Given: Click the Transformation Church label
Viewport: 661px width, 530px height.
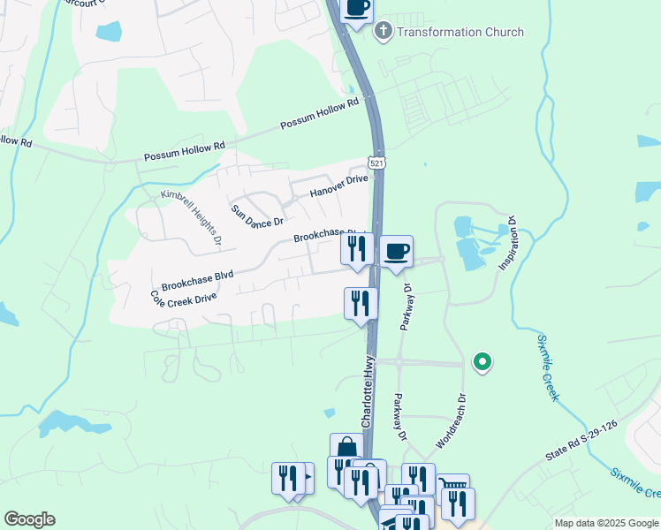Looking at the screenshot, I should [460, 32].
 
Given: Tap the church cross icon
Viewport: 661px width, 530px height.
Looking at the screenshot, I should [384, 32].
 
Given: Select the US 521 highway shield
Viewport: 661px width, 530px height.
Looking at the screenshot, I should [377, 164].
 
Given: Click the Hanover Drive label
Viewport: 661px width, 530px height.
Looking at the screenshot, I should [338, 185].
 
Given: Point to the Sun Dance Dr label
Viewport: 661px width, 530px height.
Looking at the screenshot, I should [257, 215].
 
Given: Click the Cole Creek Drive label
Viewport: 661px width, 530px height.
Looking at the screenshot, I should [183, 299].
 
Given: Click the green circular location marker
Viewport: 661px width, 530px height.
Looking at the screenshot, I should [482, 360].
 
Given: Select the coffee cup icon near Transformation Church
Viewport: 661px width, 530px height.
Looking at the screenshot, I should [356, 8].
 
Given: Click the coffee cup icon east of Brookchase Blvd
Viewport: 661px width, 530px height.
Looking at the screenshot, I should [397, 251].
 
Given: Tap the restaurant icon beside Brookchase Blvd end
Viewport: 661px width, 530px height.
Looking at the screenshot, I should [357, 248].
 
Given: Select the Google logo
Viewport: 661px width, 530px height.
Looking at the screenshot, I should [29, 519].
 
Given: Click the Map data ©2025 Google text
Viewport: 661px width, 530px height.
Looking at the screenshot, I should [605, 523].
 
